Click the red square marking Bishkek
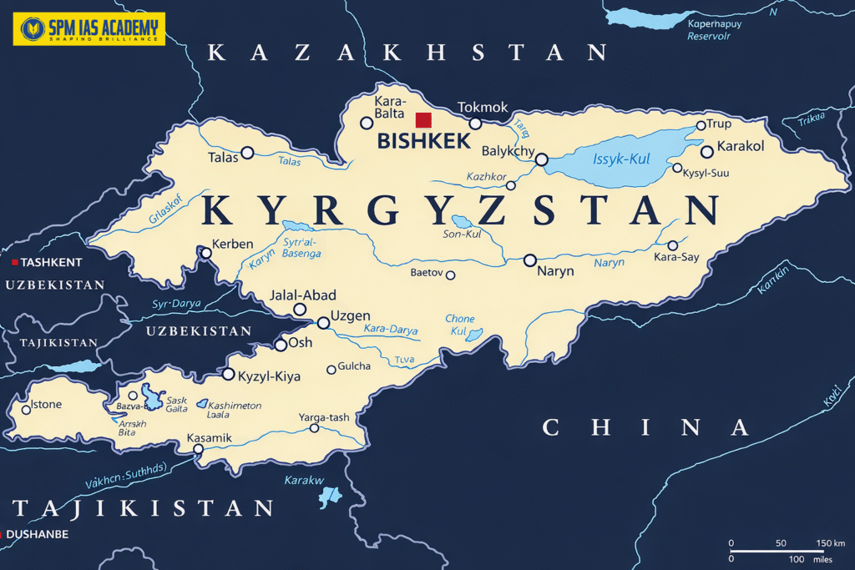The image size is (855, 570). click(x=423, y=119)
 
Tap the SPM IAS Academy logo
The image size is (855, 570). click(x=89, y=28)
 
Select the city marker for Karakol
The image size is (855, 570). click(x=706, y=151)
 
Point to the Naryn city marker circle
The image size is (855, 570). click(x=529, y=260)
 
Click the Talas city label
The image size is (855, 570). click(x=223, y=156)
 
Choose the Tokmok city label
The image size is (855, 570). click(x=483, y=108)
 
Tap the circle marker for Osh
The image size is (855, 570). click(x=281, y=345)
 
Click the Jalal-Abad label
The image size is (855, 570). click(x=303, y=295)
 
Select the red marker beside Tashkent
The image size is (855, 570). click(x=14, y=262)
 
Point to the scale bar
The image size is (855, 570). click(x=777, y=551)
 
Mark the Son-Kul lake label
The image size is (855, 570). click(x=462, y=235)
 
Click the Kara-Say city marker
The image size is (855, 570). click(x=672, y=245)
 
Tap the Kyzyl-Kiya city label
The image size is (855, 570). click(x=269, y=376)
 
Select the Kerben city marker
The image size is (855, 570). click(x=205, y=253)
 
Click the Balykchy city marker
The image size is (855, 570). click(x=541, y=159)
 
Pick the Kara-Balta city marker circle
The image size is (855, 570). click(x=366, y=123)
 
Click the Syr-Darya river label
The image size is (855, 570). click(x=176, y=304)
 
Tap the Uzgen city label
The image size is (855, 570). click(x=351, y=316)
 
